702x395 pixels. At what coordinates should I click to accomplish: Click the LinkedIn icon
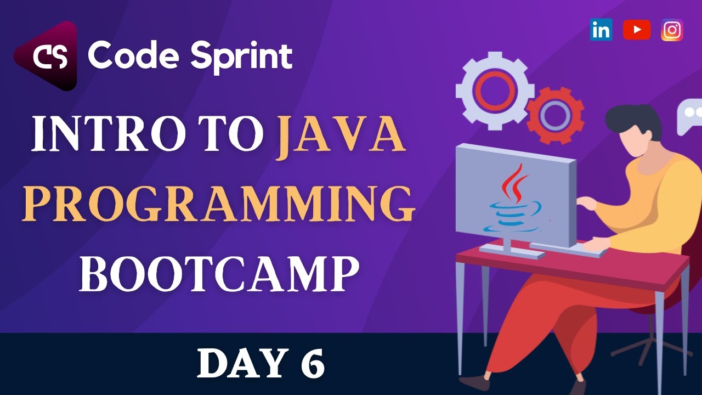(x=601, y=30)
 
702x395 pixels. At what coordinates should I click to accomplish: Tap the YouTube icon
(x=637, y=30)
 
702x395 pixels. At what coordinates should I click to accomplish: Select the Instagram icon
(x=672, y=30)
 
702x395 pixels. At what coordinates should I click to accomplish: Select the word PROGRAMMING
(x=218, y=204)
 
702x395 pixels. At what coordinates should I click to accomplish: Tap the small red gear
(x=555, y=115)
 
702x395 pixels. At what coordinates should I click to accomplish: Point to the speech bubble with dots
(x=690, y=115)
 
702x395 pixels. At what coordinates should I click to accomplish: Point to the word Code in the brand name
(x=134, y=56)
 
